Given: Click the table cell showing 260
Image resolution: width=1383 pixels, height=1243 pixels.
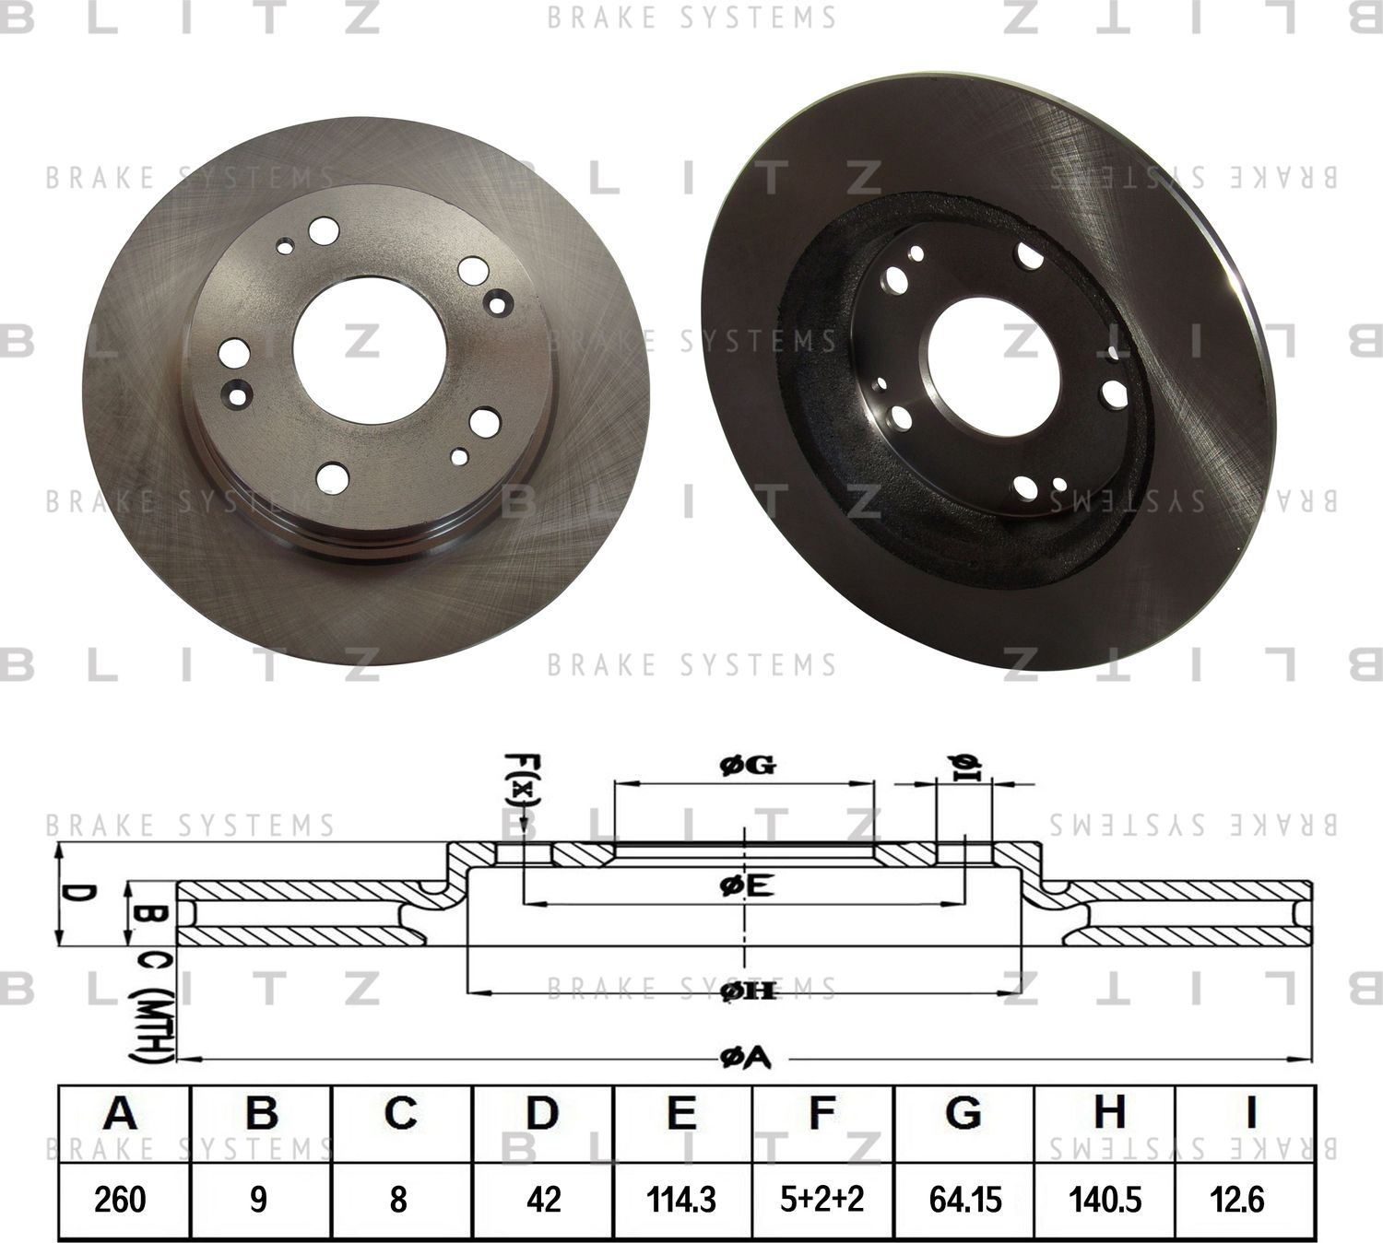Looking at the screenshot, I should coord(121,1199).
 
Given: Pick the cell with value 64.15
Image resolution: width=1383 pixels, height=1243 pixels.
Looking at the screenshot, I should coord(964,1199).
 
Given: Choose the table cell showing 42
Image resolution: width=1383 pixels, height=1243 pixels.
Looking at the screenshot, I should coord(542,1199).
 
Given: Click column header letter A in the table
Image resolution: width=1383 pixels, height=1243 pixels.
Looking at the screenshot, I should coord(121,1114).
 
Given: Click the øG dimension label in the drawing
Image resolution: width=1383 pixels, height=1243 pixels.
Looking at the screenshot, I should coord(746,764).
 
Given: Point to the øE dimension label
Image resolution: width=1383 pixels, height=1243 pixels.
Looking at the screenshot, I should coord(746,886).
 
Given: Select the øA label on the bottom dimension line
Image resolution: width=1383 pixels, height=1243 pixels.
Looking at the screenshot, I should coord(745,1060).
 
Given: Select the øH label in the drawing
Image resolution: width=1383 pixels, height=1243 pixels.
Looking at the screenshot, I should coord(746,991).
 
